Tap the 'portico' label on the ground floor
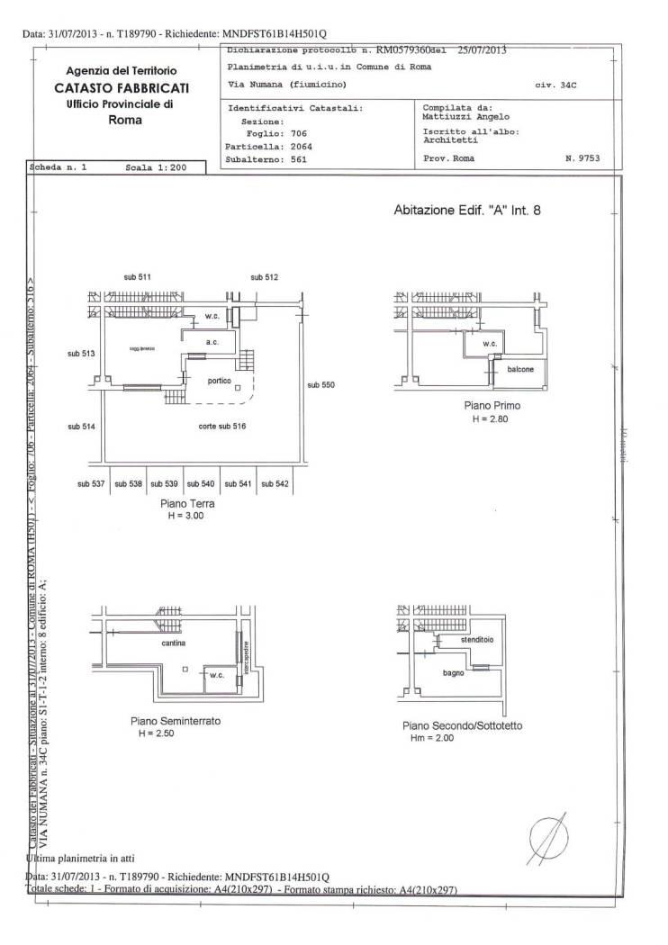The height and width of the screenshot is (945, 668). pos(221,381)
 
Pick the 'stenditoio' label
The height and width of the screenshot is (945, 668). pos(477,640)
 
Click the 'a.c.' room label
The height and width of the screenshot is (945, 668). pos(212,342)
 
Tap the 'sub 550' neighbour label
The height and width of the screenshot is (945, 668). pos(320,385)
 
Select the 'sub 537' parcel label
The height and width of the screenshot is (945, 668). pos(91,484)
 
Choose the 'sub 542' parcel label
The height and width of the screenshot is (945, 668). pos(275,484)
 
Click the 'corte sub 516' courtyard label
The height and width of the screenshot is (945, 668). pos(222,427)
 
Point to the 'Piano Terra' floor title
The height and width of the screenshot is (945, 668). pos(186,505)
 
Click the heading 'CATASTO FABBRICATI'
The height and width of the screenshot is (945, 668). pos(122,87)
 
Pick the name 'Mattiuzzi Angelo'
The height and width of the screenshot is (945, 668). pos(465,116)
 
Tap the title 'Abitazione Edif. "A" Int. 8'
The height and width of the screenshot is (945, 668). pos(466,210)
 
